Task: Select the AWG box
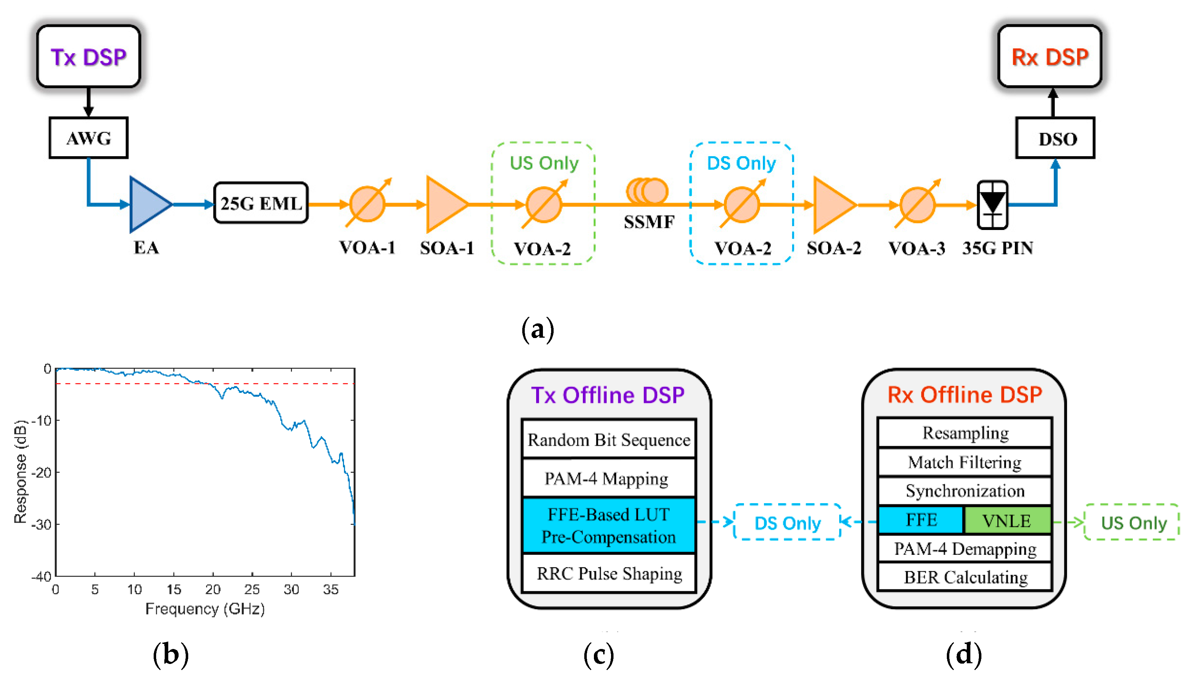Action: point(88,138)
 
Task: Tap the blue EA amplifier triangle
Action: point(148,204)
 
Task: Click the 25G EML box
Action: point(261,203)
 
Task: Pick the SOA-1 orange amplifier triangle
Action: point(445,204)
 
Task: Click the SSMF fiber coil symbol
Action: point(647,191)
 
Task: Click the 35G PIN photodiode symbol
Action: point(992,205)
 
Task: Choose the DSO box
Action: point(1056,138)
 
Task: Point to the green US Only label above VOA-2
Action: point(544,163)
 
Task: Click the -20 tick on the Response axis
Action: point(41,472)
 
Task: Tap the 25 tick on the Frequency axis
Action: point(252,589)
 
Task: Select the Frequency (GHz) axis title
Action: point(205,609)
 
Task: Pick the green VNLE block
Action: point(1007,520)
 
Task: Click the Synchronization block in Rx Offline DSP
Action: point(965,491)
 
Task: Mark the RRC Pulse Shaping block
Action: point(609,573)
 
